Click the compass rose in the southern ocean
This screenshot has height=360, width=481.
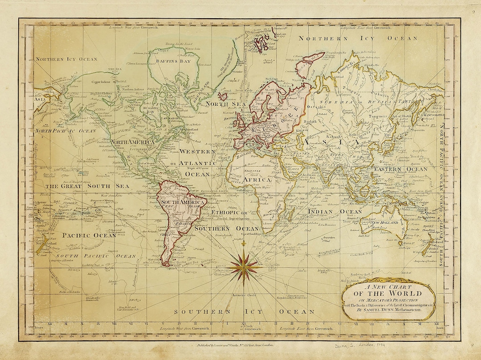[244, 266]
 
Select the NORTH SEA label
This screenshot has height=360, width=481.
[219, 104]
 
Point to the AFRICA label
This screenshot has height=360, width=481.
[257, 180]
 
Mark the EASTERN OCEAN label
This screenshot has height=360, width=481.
[400, 169]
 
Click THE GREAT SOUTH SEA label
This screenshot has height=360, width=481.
[88, 186]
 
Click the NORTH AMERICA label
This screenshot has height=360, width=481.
[132, 142]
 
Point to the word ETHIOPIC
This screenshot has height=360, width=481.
[224, 213]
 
